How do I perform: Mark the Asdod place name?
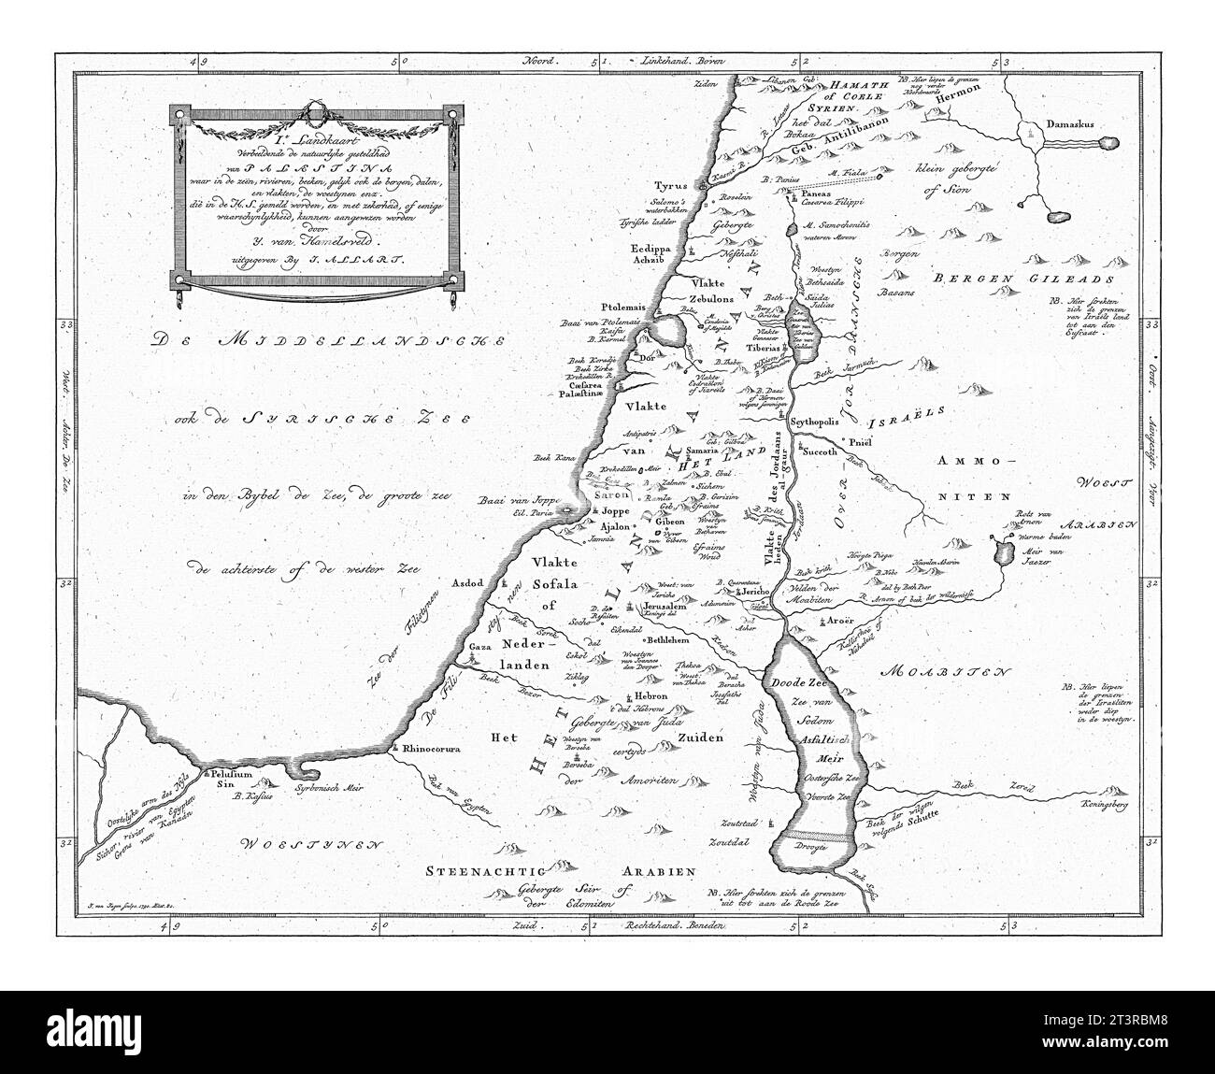[466, 582]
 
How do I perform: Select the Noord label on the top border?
[536, 60]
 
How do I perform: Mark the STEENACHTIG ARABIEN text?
[562, 871]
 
